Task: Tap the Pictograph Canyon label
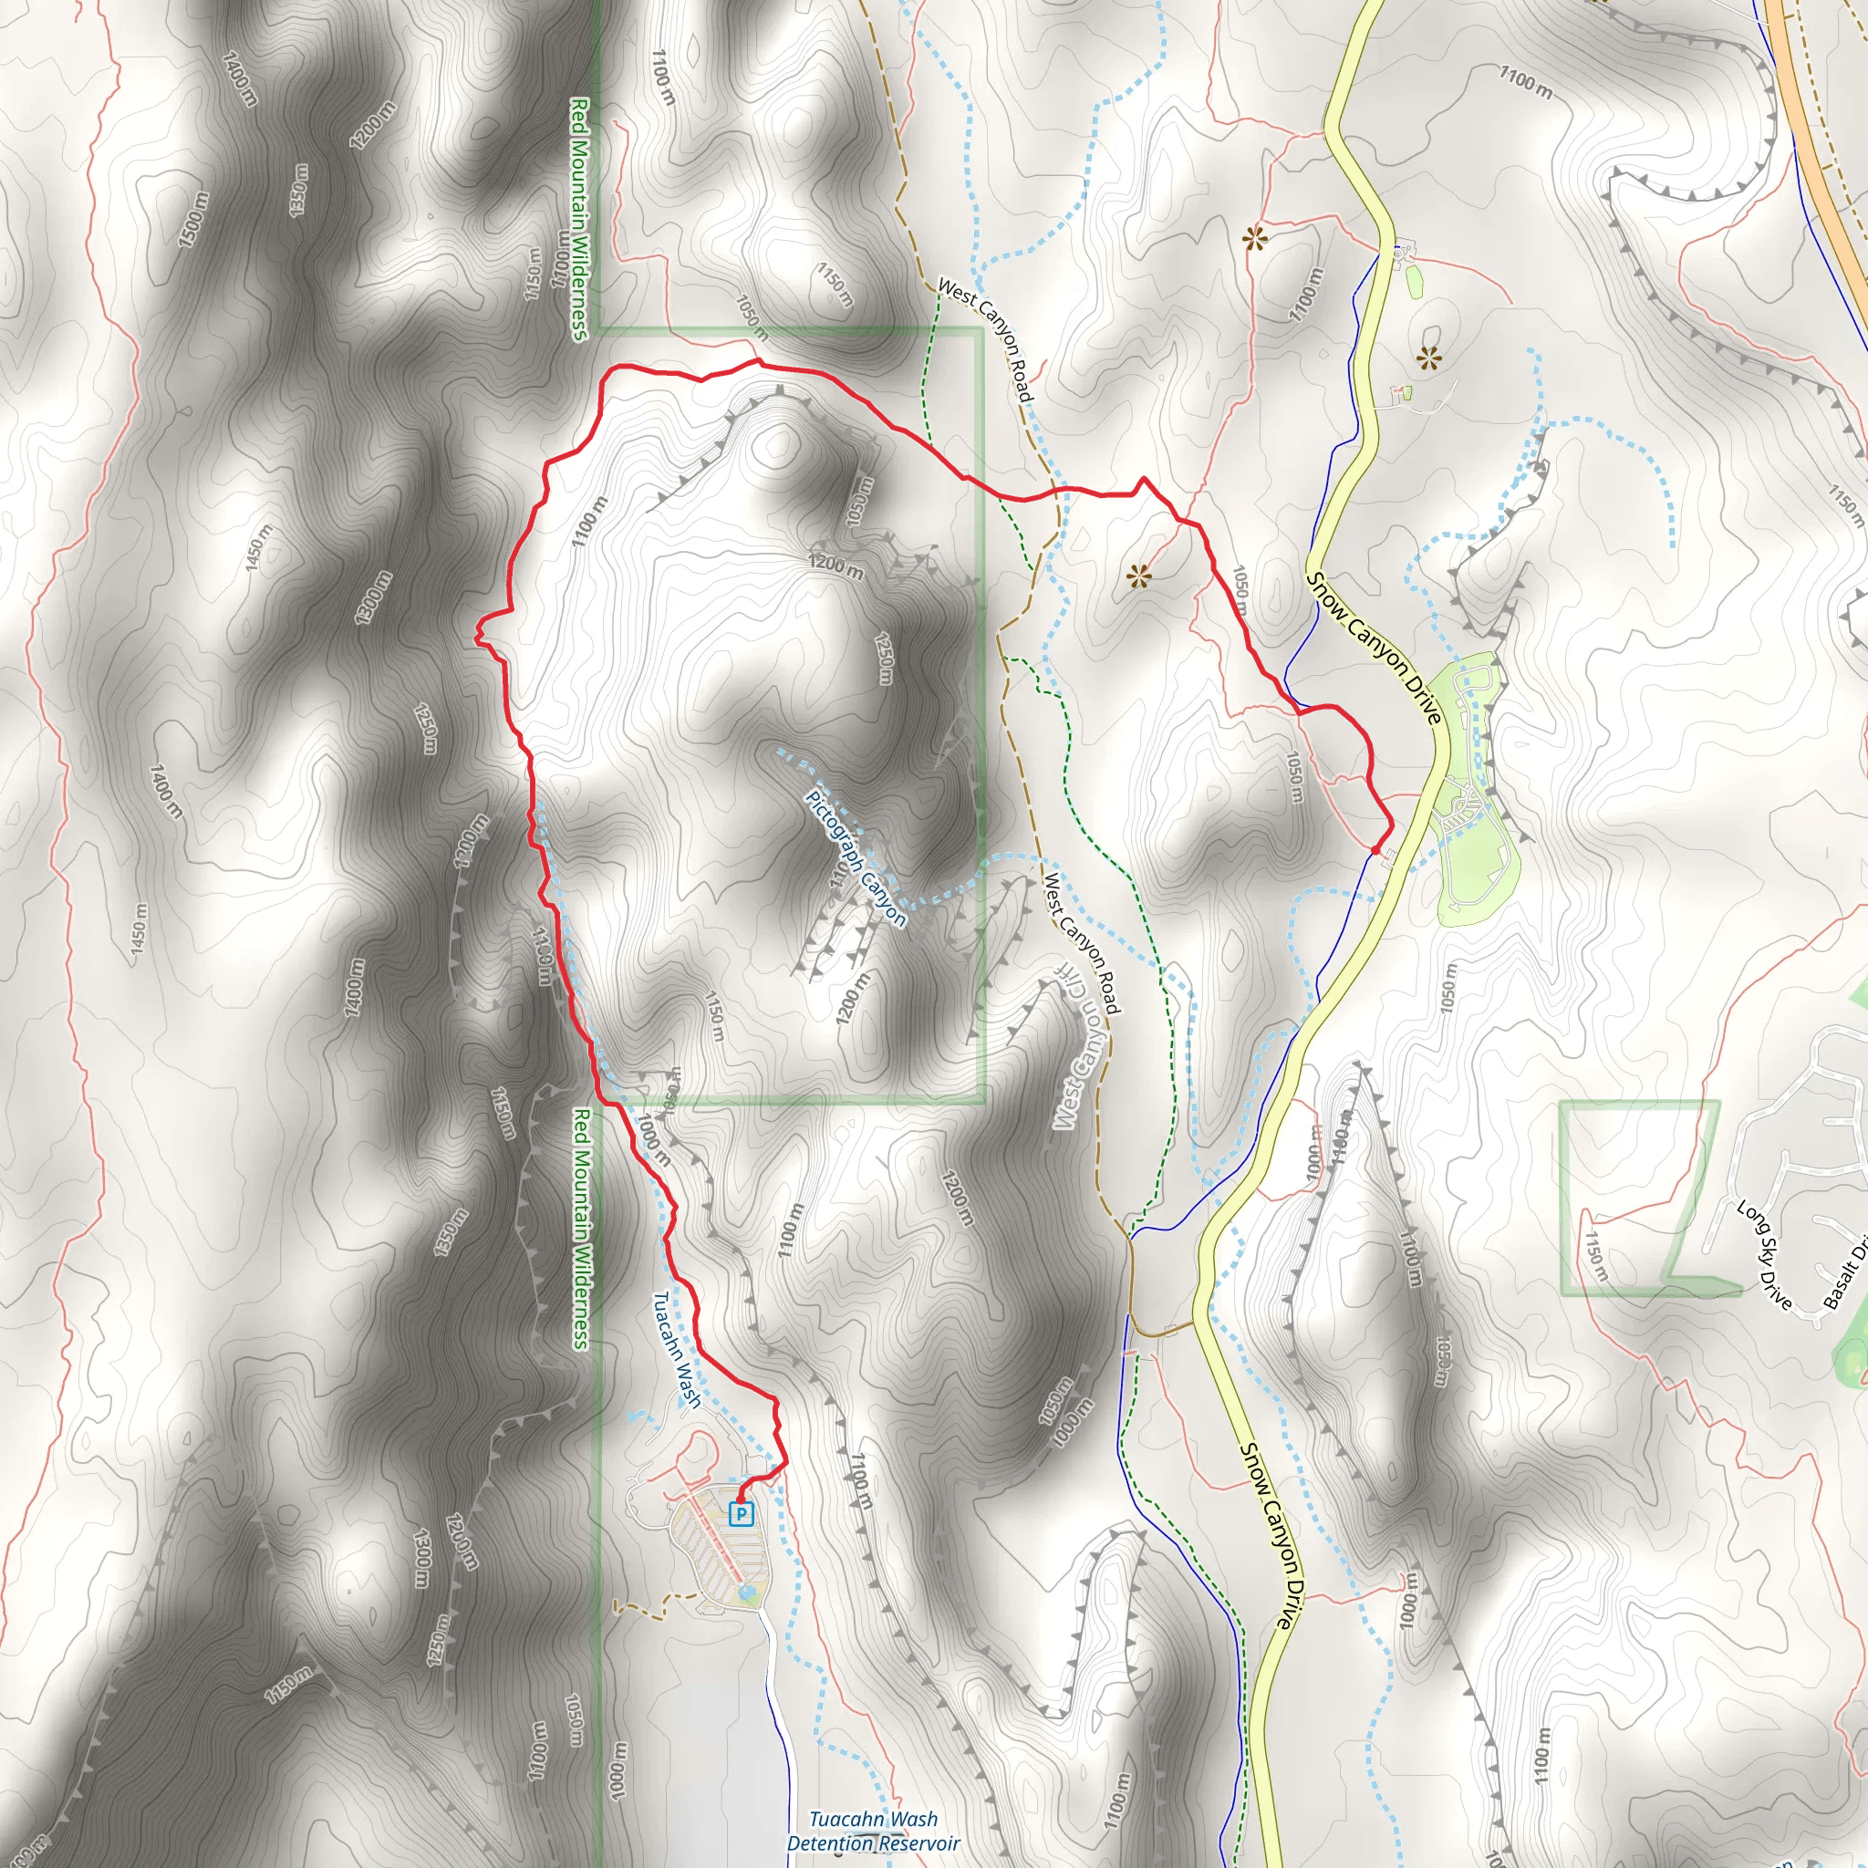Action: coord(856,858)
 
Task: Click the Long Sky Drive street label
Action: coord(1764,1254)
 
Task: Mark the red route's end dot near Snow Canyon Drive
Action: coord(1375,849)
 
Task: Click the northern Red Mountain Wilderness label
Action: coord(579,219)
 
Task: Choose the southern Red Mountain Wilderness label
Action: coord(580,1228)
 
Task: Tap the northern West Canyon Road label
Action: coord(985,340)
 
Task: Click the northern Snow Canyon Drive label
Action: coord(1374,647)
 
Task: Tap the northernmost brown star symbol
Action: coord(1256,238)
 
